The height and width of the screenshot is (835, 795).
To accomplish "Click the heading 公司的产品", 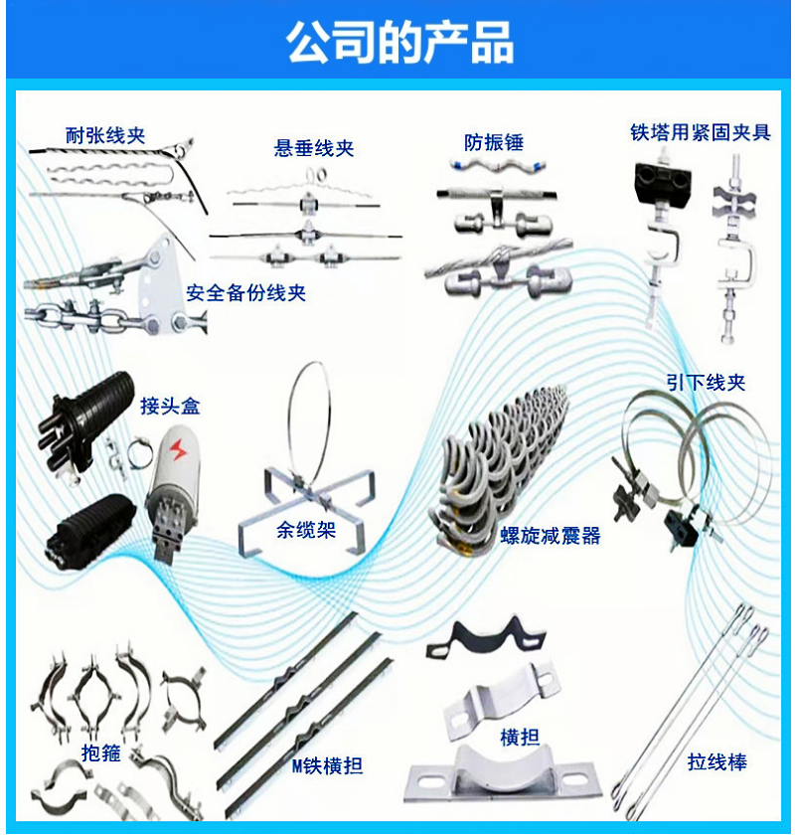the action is (399, 42).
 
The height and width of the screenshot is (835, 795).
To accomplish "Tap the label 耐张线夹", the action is (105, 135).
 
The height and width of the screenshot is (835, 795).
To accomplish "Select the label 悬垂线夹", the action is (314, 148).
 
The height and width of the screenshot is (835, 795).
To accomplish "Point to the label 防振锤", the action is (494, 142).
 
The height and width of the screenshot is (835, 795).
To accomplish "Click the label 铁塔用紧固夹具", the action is (701, 132).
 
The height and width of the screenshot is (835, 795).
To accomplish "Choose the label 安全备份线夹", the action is (246, 292).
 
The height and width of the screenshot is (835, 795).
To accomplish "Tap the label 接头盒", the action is (170, 406).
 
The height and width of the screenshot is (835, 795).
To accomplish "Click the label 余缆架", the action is (306, 529).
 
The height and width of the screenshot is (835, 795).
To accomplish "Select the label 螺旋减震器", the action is (551, 535).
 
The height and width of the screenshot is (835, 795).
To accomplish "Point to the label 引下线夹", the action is (707, 382).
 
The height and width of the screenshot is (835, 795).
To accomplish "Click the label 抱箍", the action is (101, 752).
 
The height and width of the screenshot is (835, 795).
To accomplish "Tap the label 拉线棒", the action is (717, 761).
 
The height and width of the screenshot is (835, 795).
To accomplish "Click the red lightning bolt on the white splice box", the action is (179, 450).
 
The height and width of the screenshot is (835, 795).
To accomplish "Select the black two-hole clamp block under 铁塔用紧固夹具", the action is (664, 182).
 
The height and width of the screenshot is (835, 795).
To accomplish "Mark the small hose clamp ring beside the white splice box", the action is (139, 451).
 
